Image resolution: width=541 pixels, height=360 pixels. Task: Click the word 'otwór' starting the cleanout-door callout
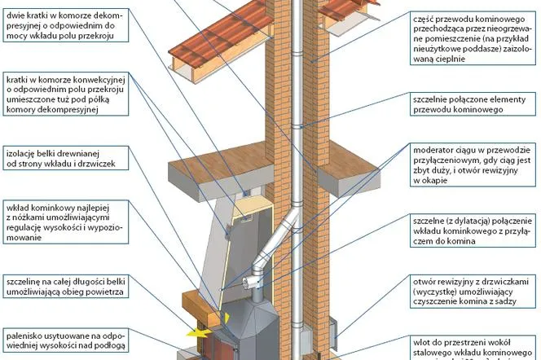point(427,279)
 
